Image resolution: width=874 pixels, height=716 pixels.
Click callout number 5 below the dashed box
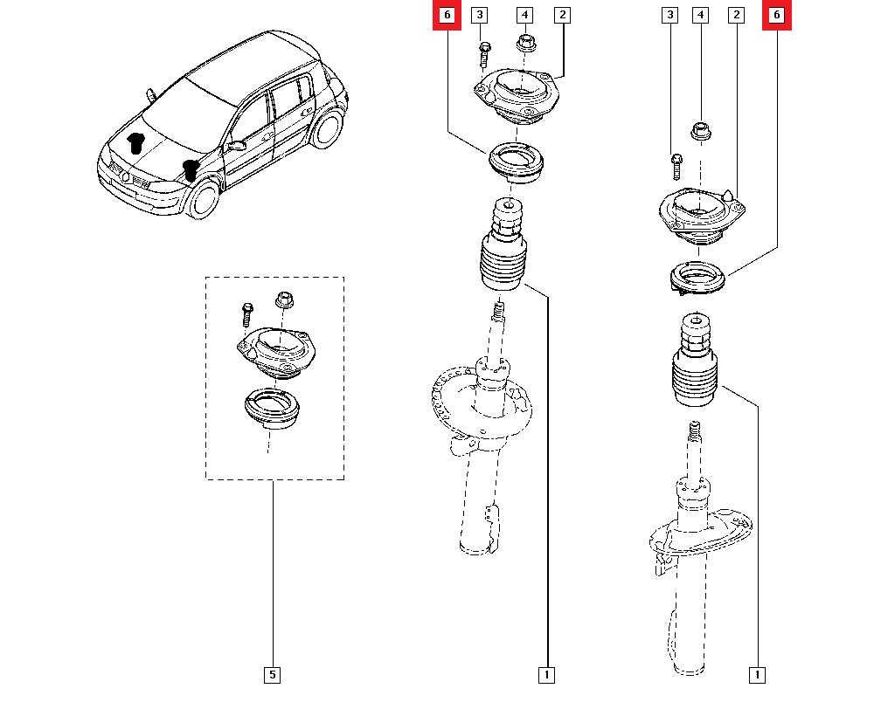(x=272, y=674)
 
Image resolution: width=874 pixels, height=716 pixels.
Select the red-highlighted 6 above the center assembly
(x=447, y=16)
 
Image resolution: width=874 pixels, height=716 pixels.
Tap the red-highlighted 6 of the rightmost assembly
(x=777, y=16)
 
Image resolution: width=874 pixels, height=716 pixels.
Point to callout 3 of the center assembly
(x=479, y=16)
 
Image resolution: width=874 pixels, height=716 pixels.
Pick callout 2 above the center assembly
(x=562, y=16)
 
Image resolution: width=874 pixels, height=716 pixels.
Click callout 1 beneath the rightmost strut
(x=757, y=674)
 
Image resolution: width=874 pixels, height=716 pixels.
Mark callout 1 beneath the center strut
(x=546, y=674)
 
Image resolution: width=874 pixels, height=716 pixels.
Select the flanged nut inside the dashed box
(x=283, y=300)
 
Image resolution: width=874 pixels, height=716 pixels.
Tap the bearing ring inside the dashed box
(x=272, y=410)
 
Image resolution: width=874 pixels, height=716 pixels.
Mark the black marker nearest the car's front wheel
(x=191, y=169)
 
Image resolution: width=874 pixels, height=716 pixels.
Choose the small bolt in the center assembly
(x=482, y=55)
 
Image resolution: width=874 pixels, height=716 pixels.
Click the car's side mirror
(x=235, y=146)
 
